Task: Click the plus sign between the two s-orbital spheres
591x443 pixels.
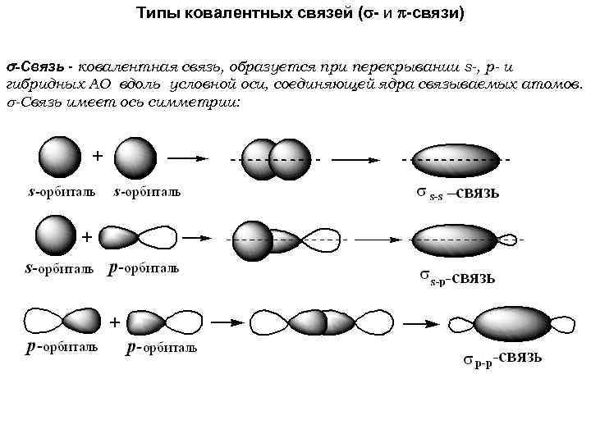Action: (97, 155)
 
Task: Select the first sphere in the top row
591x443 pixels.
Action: (60, 158)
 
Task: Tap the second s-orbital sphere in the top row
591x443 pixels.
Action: (135, 158)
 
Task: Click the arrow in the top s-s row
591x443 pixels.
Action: (191, 158)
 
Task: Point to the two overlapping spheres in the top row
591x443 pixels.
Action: (277, 158)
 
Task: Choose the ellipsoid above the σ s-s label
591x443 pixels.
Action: (452, 159)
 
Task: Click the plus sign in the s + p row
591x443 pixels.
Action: (85, 236)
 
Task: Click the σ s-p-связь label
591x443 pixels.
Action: (458, 277)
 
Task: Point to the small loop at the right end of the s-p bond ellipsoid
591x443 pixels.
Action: (509, 240)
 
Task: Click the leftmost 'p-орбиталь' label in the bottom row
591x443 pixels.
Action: (62, 347)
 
